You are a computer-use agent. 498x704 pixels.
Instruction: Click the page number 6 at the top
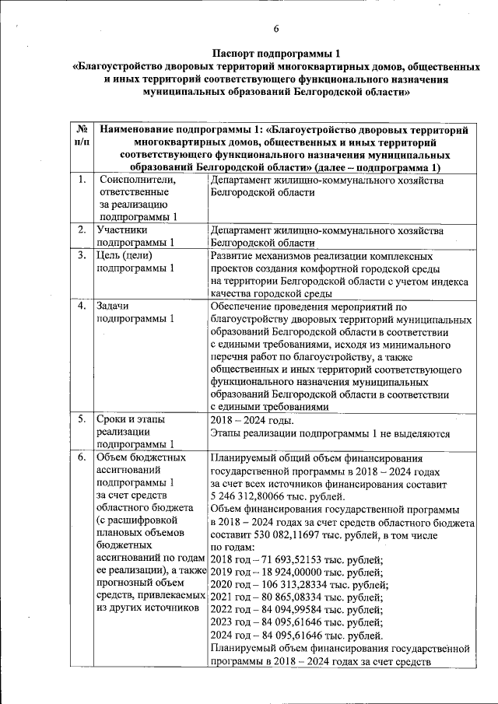pos(276,30)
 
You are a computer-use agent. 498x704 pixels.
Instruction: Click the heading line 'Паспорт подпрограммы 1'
pos(276,54)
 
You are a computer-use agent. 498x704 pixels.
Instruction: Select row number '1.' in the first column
pos(82,180)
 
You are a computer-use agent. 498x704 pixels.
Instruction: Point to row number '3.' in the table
pos(82,255)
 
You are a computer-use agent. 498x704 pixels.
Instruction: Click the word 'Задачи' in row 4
pos(113,306)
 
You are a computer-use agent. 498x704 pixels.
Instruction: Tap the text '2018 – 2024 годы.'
pos(253,420)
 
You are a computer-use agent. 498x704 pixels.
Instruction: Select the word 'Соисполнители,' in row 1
pos(137,180)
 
